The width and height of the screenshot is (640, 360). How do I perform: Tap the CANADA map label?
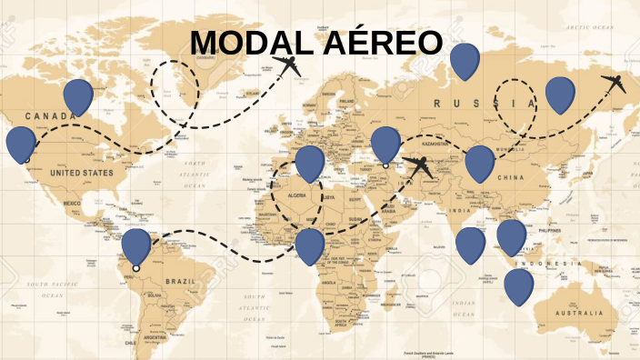point(50,116)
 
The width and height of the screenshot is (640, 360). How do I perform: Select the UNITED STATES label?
point(82,172)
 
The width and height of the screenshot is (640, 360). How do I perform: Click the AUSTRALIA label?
point(571,313)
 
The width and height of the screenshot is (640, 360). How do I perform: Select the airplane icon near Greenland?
point(289,66)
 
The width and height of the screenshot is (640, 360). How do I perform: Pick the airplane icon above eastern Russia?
point(615,84)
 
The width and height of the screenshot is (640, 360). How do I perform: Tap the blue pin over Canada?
point(78,95)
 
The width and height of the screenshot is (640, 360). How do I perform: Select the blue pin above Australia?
point(518,285)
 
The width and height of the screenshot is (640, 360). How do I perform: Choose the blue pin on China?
point(479,163)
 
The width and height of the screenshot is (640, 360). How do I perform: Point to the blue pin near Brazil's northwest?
point(136,245)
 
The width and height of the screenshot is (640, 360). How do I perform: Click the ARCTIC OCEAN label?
point(591,28)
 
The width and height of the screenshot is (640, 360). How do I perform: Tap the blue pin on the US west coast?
point(20,144)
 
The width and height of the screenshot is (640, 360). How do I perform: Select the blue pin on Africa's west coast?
point(309,245)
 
